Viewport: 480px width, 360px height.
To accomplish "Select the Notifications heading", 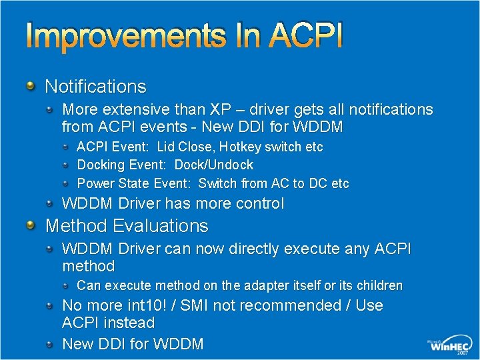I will click(x=95, y=87).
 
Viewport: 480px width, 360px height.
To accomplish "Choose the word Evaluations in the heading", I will click(x=161, y=226).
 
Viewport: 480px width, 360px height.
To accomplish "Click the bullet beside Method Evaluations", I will click(x=31, y=225).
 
